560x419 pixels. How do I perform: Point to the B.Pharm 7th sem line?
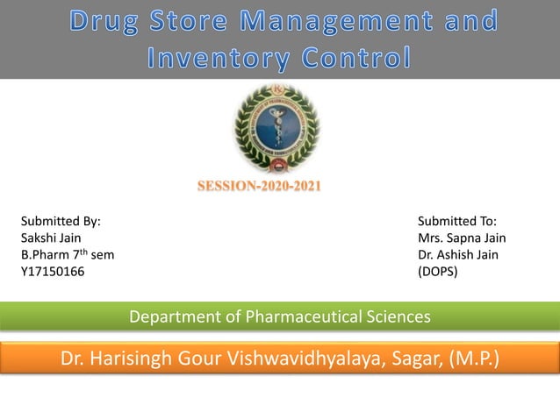click(67, 255)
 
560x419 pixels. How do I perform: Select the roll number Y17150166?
click(53, 272)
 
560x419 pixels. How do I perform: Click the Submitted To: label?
click(457, 223)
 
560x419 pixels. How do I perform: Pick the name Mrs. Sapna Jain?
click(462, 238)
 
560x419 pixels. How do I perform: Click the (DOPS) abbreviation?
click(438, 272)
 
